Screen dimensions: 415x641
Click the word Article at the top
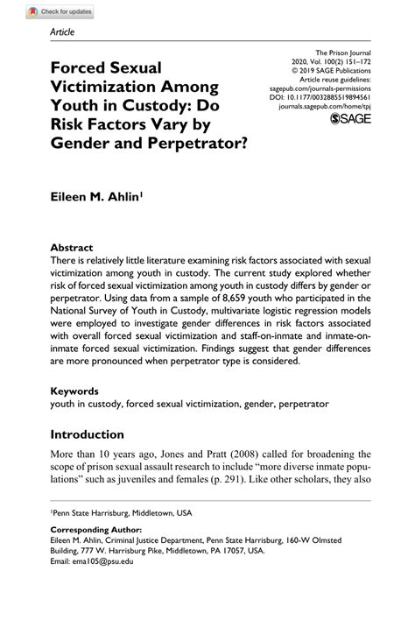click(x=62, y=32)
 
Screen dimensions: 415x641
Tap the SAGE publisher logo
click(x=352, y=118)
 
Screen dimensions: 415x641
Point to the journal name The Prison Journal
click(x=344, y=53)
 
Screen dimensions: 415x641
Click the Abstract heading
click(x=71, y=247)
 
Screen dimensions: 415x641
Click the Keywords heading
click(x=75, y=391)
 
